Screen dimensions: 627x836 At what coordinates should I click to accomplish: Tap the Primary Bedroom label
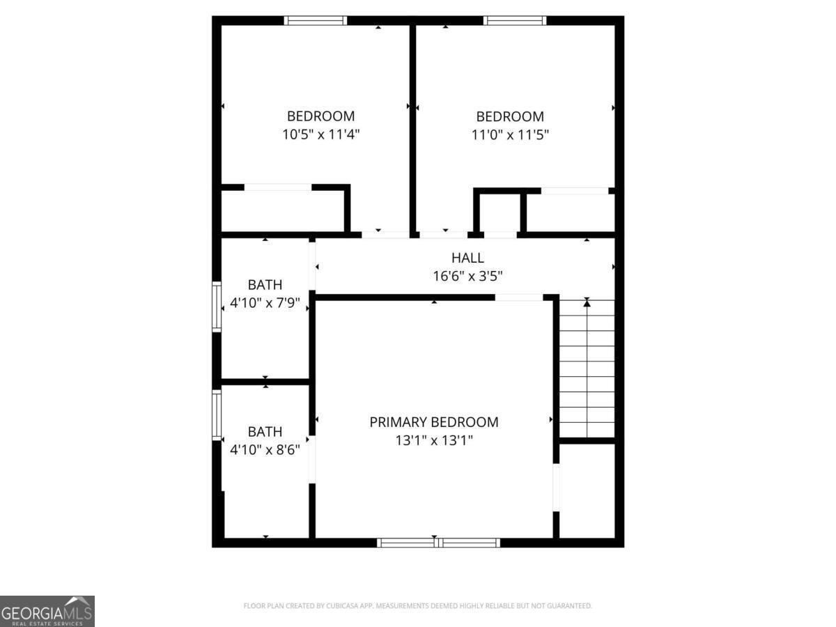[x=433, y=421]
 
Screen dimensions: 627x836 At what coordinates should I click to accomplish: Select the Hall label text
[x=467, y=258]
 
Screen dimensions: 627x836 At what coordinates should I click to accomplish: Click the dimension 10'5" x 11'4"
[x=320, y=134]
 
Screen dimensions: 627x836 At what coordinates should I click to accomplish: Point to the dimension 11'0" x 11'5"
[x=510, y=134]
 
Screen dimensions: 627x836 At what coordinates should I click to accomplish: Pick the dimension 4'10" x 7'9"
[x=265, y=303]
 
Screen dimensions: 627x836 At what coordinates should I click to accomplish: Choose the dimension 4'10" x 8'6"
[x=265, y=449]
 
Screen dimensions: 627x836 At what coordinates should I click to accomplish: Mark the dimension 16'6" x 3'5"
[x=467, y=276]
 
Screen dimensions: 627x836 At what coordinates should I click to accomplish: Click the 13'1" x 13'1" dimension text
[x=433, y=440]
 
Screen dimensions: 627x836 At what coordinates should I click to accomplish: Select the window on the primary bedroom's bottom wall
[x=438, y=542]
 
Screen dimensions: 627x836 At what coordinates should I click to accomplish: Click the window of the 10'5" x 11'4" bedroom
[x=315, y=20]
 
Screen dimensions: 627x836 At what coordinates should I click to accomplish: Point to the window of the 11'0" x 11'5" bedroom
[x=516, y=20]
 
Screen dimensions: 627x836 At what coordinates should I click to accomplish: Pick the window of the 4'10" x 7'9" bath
[x=217, y=307]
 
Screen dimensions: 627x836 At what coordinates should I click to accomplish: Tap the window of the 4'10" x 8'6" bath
[x=217, y=415]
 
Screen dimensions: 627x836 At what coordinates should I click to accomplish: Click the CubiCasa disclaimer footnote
[x=417, y=606]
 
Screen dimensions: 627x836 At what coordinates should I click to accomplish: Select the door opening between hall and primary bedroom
[x=519, y=297]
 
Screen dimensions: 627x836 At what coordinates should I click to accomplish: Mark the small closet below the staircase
[x=587, y=490]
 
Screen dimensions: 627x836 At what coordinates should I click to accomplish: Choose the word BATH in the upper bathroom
[x=265, y=285]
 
